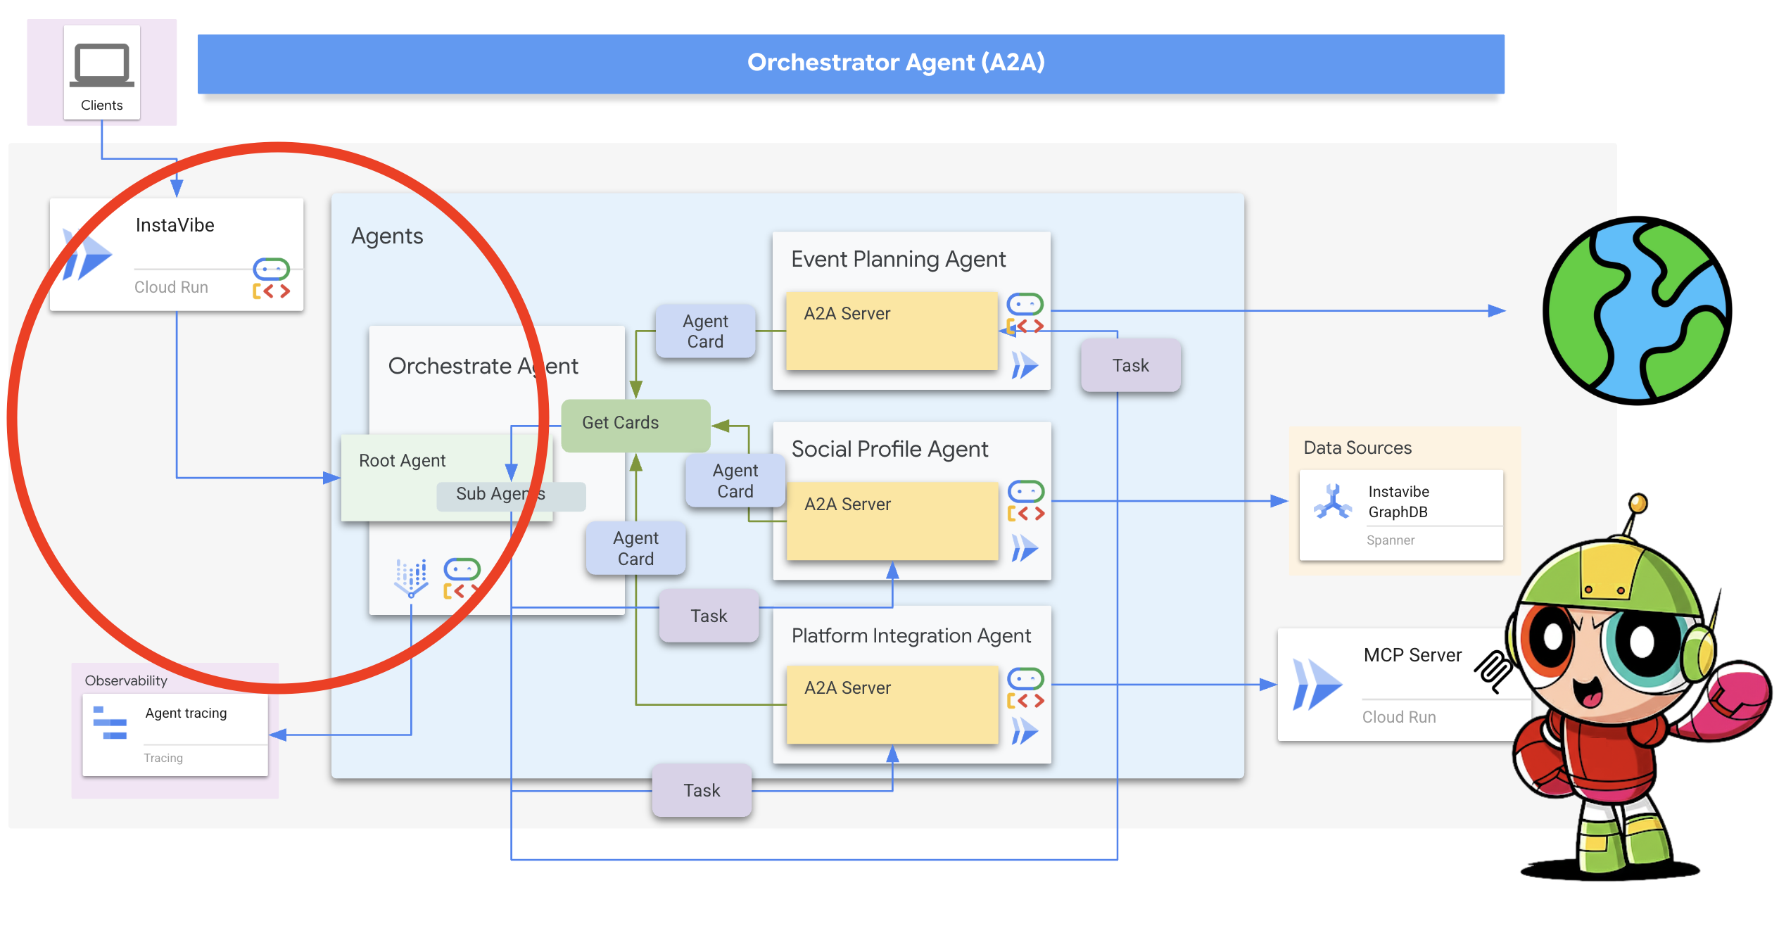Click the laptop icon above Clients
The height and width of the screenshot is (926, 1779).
click(101, 65)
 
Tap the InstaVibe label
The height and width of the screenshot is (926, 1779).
click(175, 225)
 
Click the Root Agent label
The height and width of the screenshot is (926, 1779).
click(402, 461)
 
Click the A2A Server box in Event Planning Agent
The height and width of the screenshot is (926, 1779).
click(891, 331)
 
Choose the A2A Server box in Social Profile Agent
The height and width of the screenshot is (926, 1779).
click(892, 521)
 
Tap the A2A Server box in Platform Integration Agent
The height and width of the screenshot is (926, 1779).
click(892, 704)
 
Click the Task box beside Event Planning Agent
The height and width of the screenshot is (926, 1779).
click(1130, 366)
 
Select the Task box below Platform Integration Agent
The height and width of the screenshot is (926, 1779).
click(702, 791)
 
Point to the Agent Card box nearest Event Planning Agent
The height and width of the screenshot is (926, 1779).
click(705, 331)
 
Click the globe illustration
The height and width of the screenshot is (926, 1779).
click(1637, 310)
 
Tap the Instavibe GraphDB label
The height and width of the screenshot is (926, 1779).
click(1398, 502)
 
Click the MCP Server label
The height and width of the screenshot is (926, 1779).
click(1412, 656)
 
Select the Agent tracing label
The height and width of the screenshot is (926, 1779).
click(186, 713)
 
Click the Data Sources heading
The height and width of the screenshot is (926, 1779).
click(1357, 448)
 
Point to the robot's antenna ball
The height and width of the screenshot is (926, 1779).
click(1638, 502)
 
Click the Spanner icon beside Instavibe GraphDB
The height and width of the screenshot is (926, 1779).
click(1332, 502)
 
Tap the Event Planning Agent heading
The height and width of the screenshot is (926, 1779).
click(898, 260)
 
